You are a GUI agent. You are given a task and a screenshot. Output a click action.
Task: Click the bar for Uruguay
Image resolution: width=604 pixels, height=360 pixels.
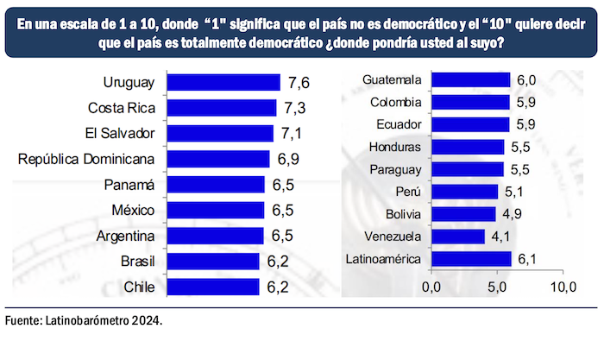[x=223, y=83]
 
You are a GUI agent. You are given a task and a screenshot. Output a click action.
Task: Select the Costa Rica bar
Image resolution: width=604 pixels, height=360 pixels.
[x=221, y=108]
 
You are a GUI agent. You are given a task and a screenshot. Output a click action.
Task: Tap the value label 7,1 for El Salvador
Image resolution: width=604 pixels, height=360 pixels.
[x=289, y=134]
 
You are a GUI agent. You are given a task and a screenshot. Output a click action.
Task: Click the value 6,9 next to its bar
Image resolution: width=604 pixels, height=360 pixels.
[x=284, y=159]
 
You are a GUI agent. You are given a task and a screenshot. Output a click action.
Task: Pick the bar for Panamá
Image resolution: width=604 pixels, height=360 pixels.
[x=215, y=185]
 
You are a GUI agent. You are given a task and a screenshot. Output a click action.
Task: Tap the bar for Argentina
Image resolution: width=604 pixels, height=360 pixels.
[x=215, y=236]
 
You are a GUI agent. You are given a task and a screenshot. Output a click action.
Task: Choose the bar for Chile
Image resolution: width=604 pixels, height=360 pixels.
[x=212, y=287]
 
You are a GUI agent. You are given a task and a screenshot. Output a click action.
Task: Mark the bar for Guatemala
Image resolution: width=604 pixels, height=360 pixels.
[x=470, y=80]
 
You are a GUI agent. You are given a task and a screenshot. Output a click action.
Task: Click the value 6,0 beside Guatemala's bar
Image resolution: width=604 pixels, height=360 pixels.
[x=526, y=80]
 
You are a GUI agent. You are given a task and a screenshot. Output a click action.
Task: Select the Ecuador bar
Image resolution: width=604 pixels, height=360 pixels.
[x=469, y=124]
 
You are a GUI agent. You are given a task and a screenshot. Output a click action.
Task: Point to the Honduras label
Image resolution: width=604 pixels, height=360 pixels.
[x=394, y=147]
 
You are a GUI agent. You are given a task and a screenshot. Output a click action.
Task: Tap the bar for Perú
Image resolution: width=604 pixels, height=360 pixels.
[x=464, y=192]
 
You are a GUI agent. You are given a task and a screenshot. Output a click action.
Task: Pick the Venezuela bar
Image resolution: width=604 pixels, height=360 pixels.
[x=457, y=236]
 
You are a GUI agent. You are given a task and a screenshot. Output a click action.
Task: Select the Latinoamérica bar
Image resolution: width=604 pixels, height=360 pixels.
[x=471, y=258]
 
